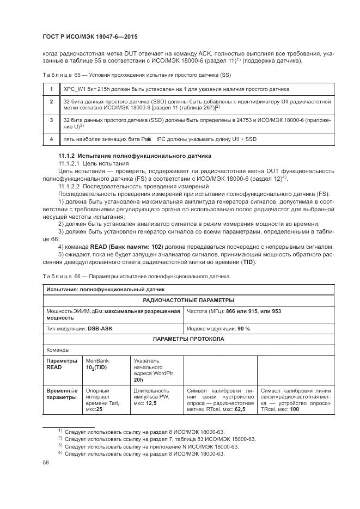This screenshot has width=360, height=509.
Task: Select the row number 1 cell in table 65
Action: [51, 89]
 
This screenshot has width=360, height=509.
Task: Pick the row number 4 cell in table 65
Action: [51, 139]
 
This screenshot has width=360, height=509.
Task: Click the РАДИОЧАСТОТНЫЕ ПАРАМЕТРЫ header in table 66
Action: [188, 300]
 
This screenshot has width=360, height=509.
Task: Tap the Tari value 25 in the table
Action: [100, 409]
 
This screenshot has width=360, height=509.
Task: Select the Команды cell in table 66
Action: [57, 349]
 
